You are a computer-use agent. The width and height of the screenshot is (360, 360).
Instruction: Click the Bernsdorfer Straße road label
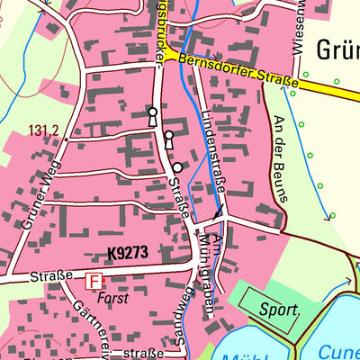click(238, 72)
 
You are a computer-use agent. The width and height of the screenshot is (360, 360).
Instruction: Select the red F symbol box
click(94, 281)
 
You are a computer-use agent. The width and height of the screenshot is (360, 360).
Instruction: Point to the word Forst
click(114, 297)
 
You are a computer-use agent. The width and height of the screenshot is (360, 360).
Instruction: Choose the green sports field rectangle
click(270, 310)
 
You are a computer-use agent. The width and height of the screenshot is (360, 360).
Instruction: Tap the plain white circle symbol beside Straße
click(178, 167)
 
